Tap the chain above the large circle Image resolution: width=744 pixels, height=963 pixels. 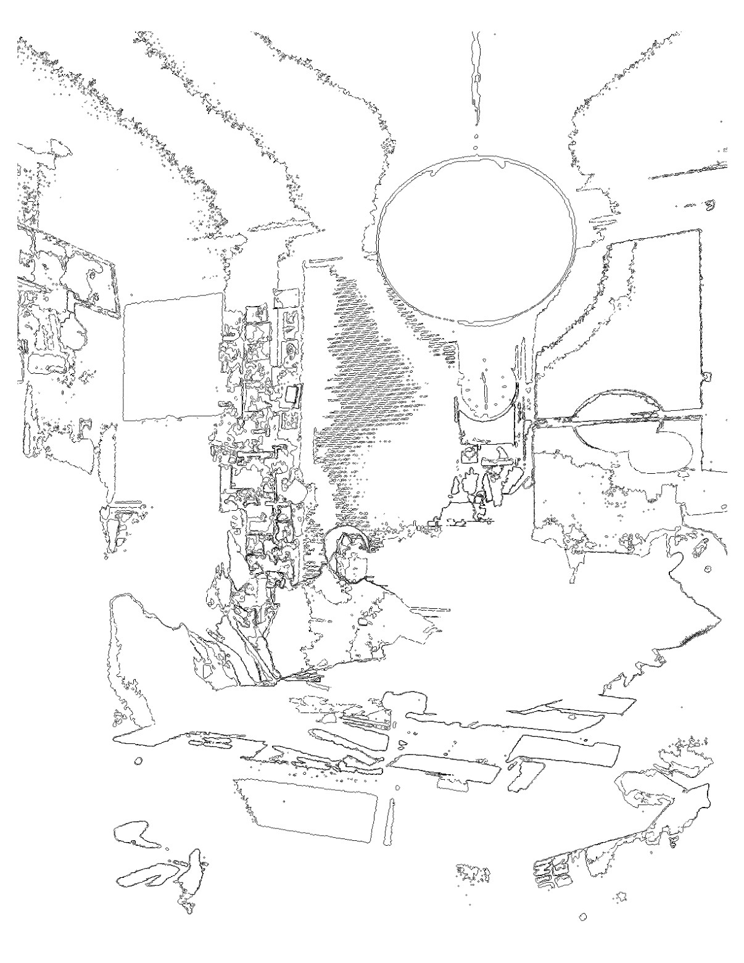point(476,80)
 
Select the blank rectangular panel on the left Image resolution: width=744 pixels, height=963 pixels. point(173,357)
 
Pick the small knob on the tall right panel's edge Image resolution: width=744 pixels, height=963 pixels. point(707,374)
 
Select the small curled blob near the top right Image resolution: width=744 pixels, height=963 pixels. point(711,202)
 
